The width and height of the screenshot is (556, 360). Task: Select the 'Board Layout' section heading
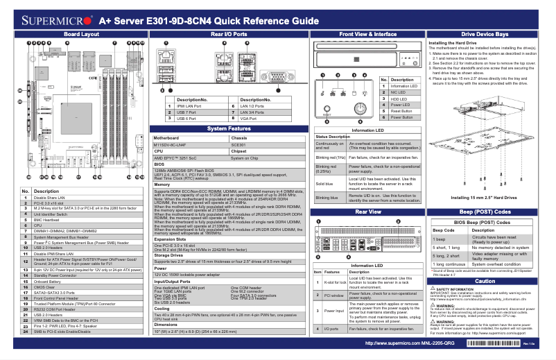pos(76,33)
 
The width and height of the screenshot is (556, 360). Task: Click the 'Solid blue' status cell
pos(330,183)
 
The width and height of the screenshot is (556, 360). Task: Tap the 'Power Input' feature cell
pos(335,310)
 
